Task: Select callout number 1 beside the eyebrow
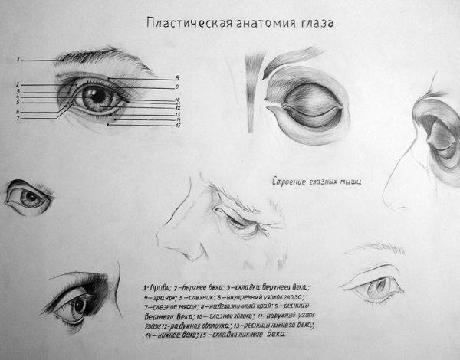[18, 59]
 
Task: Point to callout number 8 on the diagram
[177, 78]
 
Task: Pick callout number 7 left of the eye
[17, 119]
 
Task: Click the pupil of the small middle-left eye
[30, 197]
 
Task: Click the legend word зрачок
[162, 296]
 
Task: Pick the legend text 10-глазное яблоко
[218, 316]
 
